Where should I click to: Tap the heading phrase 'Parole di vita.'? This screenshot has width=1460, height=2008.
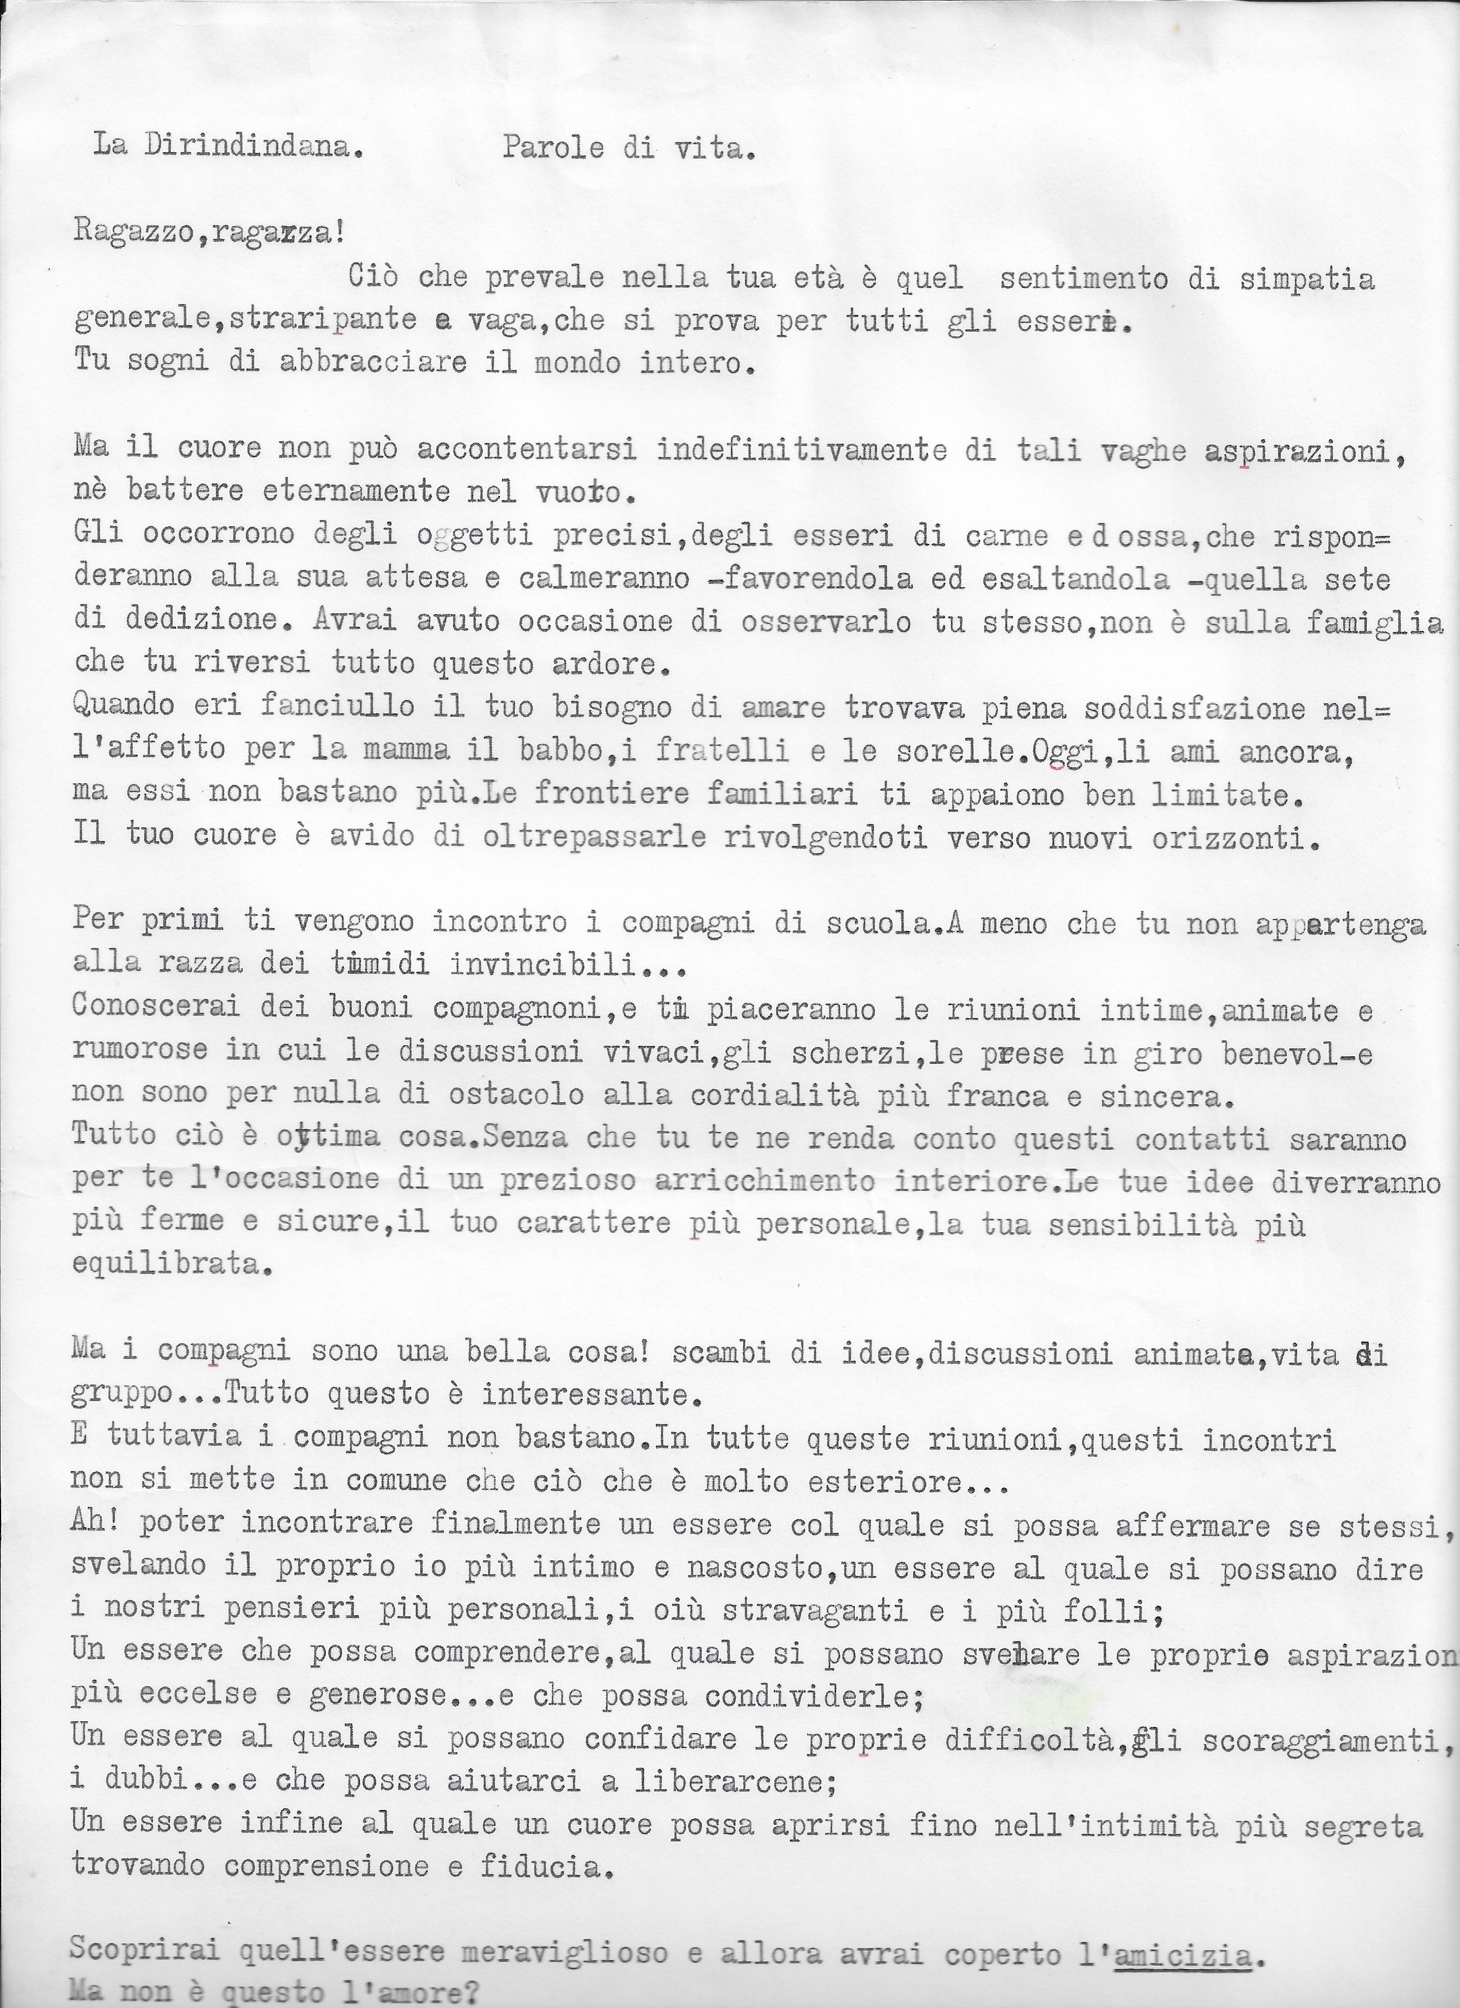pos(629,148)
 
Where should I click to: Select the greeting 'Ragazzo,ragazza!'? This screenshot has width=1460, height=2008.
pos(210,232)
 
